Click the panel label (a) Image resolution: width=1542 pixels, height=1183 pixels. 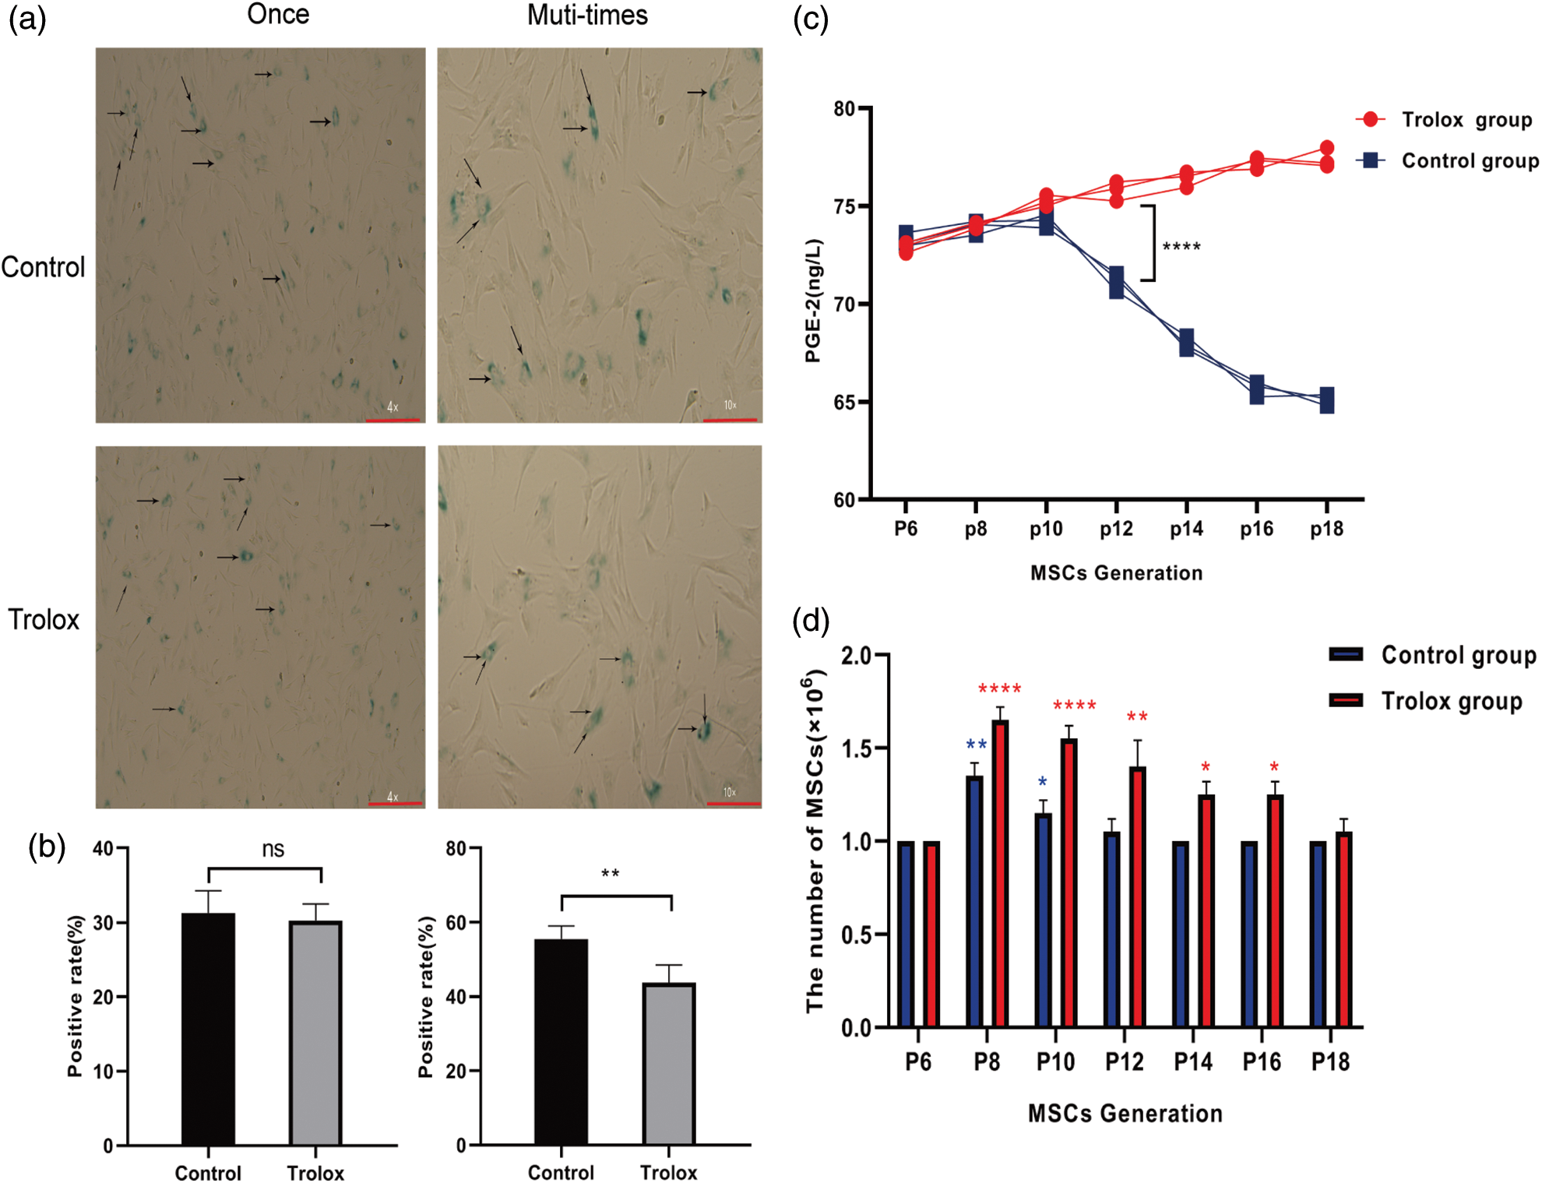click(x=27, y=17)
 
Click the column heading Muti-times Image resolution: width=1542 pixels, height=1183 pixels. click(x=587, y=15)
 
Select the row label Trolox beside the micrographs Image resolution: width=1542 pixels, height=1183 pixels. click(x=44, y=619)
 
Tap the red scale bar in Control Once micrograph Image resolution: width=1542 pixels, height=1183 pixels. click(x=393, y=420)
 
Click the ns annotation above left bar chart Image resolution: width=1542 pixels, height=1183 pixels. click(x=273, y=849)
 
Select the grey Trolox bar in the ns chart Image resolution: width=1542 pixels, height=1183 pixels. click(x=315, y=1032)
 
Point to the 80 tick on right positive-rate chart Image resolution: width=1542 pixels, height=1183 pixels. click(x=456, y=848)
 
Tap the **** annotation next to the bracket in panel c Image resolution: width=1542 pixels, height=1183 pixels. click(x=1181, y=248)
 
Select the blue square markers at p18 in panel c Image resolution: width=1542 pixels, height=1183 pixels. click(x=1327, y=400)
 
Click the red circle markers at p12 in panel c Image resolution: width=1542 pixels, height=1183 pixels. click(x=1116, y=192)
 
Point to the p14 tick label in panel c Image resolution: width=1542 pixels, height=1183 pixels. click(x=1186, y=529)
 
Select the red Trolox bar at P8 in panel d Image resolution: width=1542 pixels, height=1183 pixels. click(x=1000, y=873)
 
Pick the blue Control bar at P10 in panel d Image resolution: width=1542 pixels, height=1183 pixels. click(x=1043, y=920)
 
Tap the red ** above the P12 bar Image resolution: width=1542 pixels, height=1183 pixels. click(x=1137, y=717)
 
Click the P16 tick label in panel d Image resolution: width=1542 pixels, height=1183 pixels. click(x=1261, y=1062)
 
